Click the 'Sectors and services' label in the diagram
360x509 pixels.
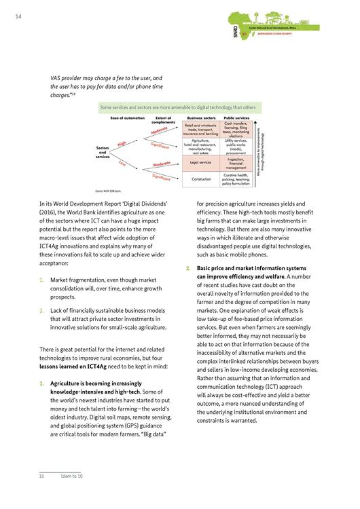click(x=104, y=153)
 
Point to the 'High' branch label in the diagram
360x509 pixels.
click(x=122, y=143)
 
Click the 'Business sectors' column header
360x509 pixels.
click(x=202, y=118)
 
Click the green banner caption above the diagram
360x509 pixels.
click(x=178, y=107)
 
